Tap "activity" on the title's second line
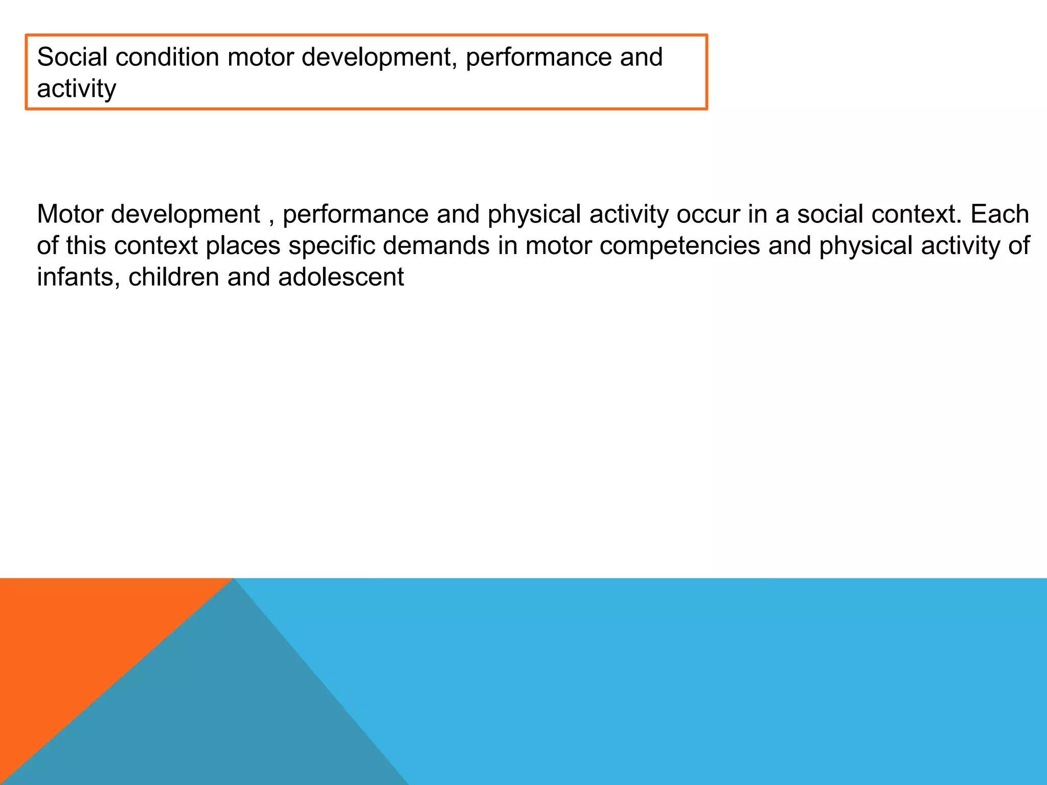click(x=76, y=89)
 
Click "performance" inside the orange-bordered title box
click(x=538, y=58)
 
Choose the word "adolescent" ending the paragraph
click(x=341, y=278)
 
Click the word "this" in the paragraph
click(x=86, y=246)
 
